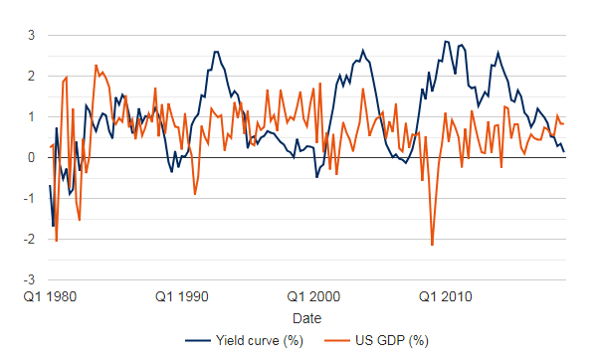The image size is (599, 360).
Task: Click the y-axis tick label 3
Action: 31,36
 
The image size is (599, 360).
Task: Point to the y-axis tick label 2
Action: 31,77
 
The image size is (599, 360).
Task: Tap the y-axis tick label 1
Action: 31,117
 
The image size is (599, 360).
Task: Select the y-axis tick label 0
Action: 31,158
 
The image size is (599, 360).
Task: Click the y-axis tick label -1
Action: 29,199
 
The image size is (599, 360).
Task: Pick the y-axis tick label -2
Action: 29,240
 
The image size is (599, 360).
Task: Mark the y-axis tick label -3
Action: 29,280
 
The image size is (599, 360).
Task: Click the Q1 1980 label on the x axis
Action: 50,297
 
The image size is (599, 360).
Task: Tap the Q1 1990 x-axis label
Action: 182,297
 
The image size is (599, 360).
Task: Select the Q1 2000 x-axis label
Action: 313,297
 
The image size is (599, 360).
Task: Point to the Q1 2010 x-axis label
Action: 446,297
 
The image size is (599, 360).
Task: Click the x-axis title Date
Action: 307,318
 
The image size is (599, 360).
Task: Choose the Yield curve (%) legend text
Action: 260,340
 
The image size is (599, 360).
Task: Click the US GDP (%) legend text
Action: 392,340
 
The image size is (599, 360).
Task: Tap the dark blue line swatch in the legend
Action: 198,341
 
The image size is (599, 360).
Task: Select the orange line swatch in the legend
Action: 337,341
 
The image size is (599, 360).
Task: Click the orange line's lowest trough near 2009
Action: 433,245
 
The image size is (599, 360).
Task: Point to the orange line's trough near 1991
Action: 195,194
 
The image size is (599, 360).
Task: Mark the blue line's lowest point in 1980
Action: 53,226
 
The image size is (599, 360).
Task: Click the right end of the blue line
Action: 564,151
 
